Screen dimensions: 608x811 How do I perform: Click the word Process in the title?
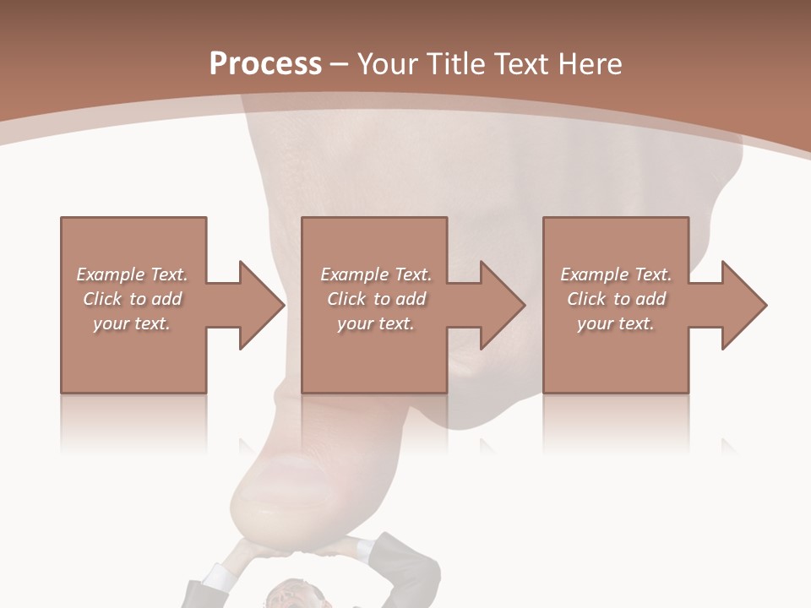pos(265,64)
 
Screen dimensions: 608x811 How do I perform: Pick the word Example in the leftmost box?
pos(110,274)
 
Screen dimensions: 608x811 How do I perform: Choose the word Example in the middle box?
pos(354,274)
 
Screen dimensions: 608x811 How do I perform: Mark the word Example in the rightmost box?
pos(594,274)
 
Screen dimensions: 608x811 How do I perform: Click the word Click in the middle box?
pos(346,299)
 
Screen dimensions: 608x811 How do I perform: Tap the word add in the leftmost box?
pos(167,299)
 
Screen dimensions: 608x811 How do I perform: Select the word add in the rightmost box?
pos(651,299)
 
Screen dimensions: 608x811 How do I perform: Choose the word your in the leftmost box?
pos(110,323)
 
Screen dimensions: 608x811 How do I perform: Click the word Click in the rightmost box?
pos(586,299)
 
